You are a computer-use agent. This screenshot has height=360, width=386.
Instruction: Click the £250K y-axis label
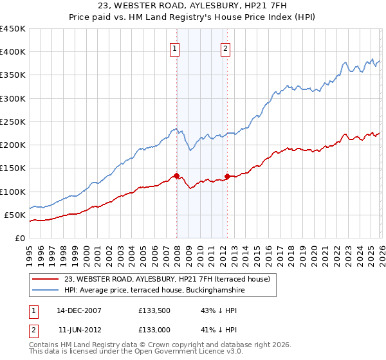click(13, 122)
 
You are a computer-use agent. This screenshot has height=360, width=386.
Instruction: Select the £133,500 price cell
click(154, 310)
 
